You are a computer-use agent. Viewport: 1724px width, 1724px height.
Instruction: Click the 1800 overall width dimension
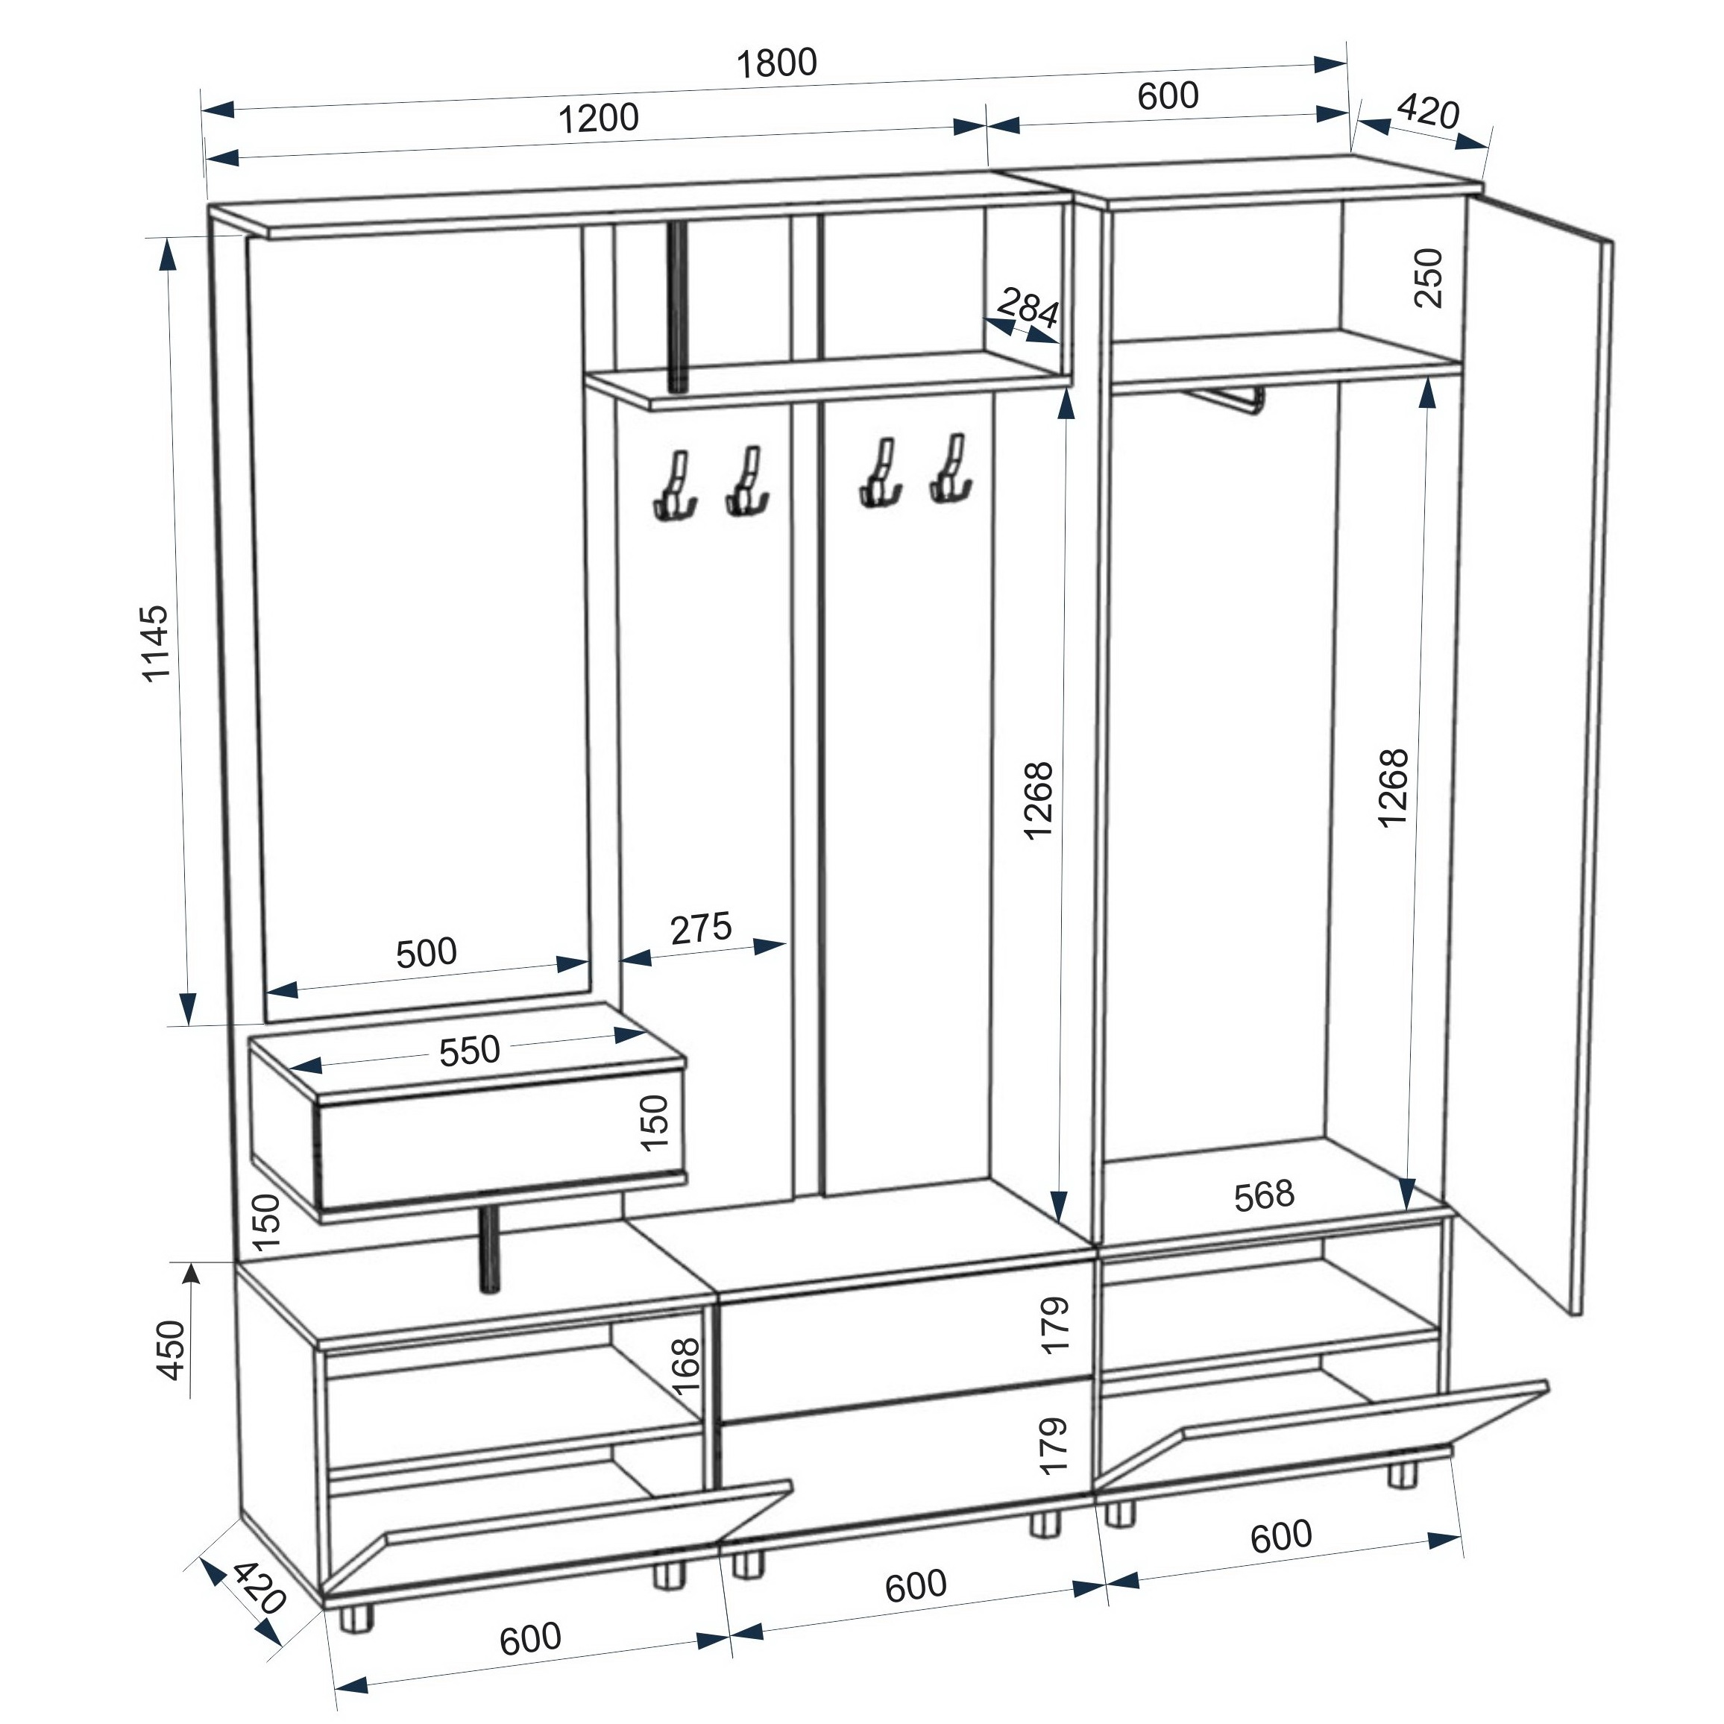pyautogui.click(x=776, y=63)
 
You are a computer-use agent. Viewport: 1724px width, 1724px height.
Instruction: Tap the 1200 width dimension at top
pyautogui.click(x=598, y=118)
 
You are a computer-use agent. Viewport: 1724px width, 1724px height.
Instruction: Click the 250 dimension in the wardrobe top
pyautogui.click(x=1429, y=277)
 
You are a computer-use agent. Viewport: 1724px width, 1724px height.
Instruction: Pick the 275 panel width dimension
pyautogui.click(x=702, y=928)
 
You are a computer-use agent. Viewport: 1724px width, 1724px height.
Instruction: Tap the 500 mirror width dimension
pyautogui.click(x=427, y=953)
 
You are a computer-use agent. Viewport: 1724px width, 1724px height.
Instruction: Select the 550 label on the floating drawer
pyautogui.click(x=469, y=1051)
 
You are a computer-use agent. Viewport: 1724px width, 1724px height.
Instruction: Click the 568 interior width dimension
pyautogui.click(x=1264, y=1197)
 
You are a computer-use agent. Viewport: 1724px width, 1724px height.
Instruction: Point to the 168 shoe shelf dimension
pyautogui.click(x=685, y=1366)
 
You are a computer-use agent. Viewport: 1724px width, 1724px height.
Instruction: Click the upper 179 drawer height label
pyautogui.click(x=1054, y=1325)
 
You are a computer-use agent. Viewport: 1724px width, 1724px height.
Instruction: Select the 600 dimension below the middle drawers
pyautogui.click(x=916, y=1585)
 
